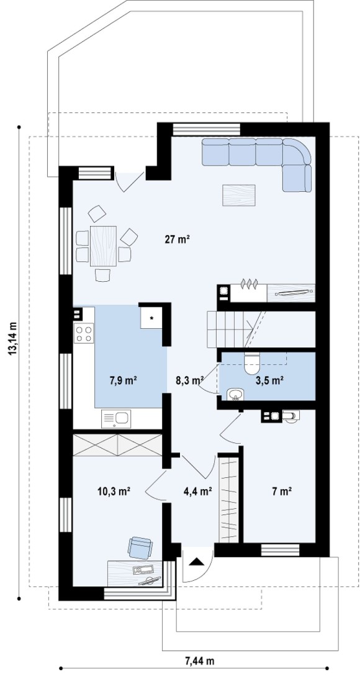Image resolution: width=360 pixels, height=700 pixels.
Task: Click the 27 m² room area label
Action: click(x=178, y=240)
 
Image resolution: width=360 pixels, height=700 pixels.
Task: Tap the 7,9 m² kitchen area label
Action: click(x=123, y=380)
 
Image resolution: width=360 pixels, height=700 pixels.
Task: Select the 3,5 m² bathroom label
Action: click(x=270, y=380)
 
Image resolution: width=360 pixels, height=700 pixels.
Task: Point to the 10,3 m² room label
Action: click(x=114, y=491)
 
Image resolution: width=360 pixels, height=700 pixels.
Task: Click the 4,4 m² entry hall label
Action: click(x=198, y=491)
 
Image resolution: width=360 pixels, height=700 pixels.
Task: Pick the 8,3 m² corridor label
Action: click(x=191, y=380)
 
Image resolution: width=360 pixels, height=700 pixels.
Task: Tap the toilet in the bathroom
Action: click(x=252, y=363)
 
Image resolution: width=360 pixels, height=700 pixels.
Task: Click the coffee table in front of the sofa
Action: click(x=239, y=195)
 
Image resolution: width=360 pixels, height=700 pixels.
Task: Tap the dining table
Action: click(x=103, y=246)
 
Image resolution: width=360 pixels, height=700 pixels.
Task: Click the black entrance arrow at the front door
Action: click(x=196, y=561)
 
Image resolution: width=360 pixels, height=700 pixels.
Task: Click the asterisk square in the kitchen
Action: click(x=152, y=317)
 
